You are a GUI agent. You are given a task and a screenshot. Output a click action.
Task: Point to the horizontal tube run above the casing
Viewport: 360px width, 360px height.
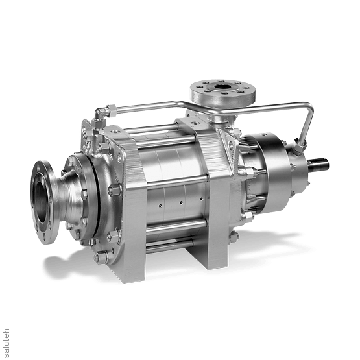coord(156,109)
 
